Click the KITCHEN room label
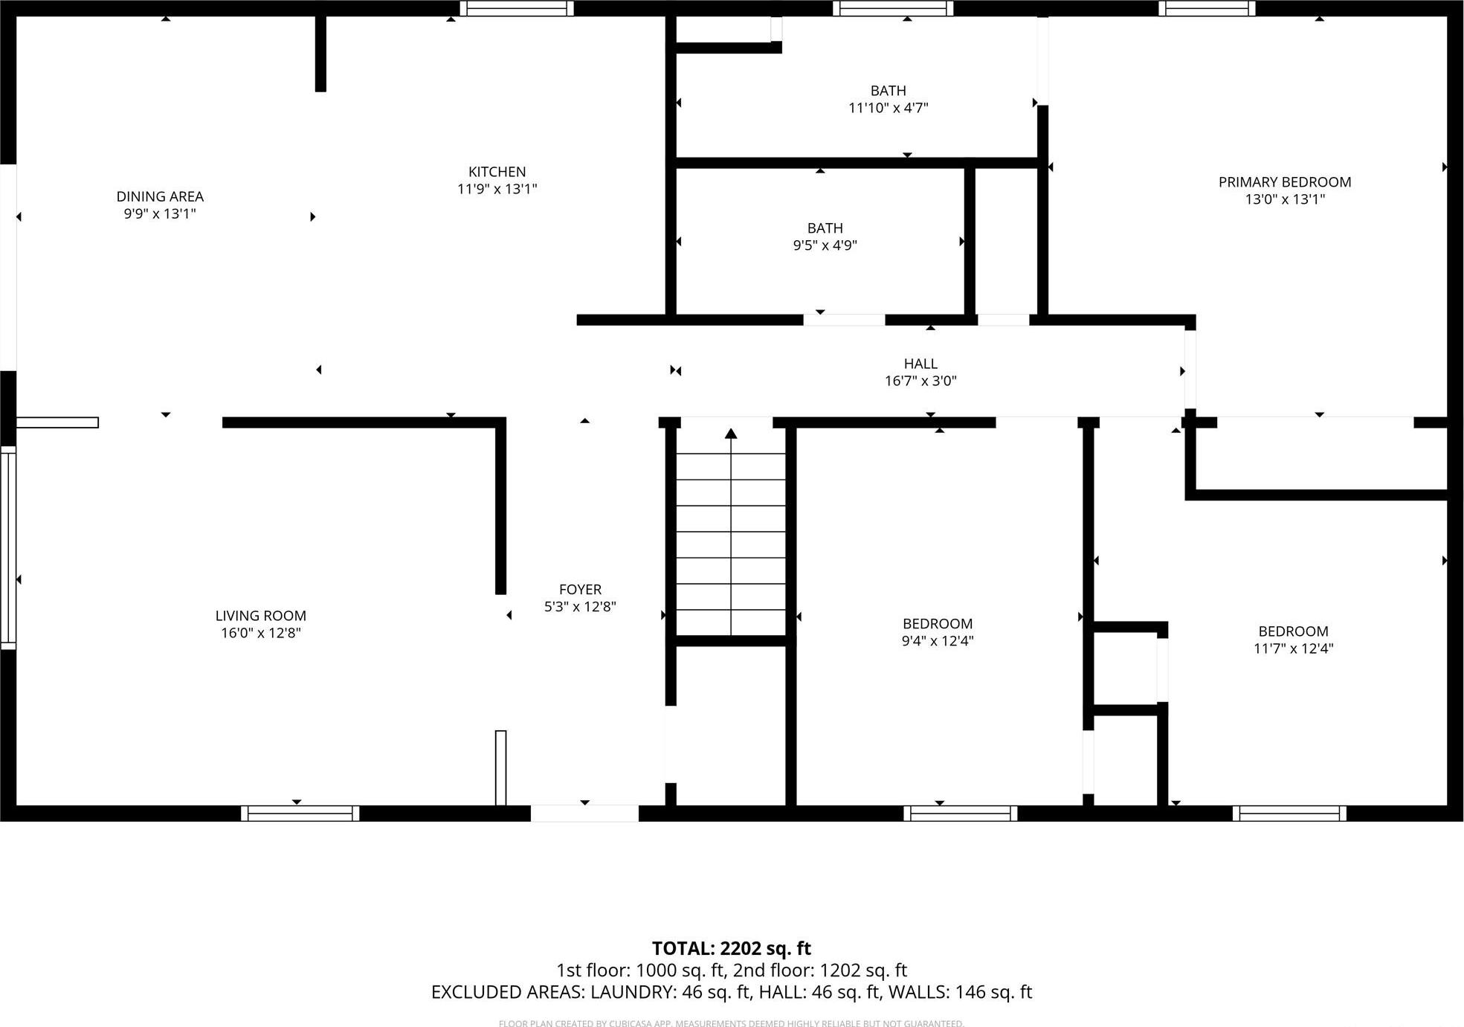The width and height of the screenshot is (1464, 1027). (497, 172)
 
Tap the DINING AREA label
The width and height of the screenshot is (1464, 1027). (160, 196)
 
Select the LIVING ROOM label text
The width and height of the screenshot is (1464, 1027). (260, 616)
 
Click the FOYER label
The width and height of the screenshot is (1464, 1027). (580, 589)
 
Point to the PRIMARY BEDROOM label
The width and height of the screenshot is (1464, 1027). (1284, 182)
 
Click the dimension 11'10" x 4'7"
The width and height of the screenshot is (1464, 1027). (888, 108)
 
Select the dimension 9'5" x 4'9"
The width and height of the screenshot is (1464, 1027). (825, 245)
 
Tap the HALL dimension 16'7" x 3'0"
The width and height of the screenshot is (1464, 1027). (920, 381)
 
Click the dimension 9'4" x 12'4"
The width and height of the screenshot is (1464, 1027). (937, 641)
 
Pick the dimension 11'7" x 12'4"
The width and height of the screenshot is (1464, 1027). (1293, 648)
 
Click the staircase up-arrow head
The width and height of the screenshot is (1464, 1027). (731, 433)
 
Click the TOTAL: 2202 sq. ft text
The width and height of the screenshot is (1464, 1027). (731, 948)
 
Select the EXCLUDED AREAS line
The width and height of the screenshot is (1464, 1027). (731, 992)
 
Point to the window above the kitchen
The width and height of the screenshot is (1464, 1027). (517, 8)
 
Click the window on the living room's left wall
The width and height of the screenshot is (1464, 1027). (7, 547)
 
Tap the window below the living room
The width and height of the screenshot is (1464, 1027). (300, 814)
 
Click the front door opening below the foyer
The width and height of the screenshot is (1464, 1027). (584, 814)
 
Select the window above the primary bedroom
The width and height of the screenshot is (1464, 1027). (1207, 8)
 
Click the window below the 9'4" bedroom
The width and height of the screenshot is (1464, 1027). (960, 814)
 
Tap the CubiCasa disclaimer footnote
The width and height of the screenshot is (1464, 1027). (731, 1023)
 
